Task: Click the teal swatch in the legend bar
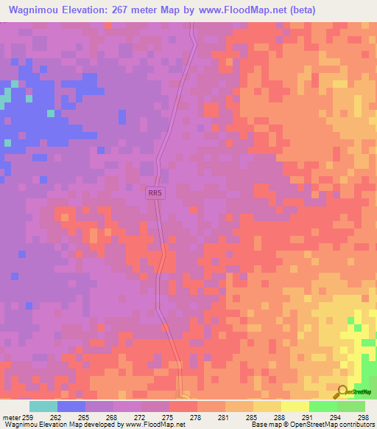tap(43, 406)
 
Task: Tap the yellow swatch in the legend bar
tap(295, 406)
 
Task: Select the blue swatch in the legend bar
tap(71, 406)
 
